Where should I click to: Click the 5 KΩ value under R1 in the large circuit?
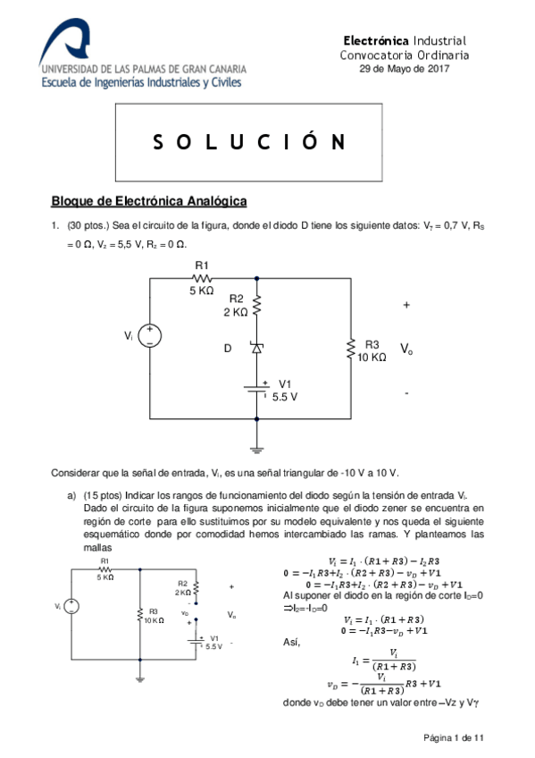point(201,291)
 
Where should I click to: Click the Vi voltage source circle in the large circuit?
point(149,336)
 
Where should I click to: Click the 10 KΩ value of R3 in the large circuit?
point(372,357)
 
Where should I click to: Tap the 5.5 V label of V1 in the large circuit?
point(285,395)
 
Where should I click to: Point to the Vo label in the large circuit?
point(406,348)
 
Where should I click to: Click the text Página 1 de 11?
point(453,737)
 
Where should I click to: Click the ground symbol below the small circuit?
point(139,678)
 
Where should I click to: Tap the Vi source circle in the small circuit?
point(71,607)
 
